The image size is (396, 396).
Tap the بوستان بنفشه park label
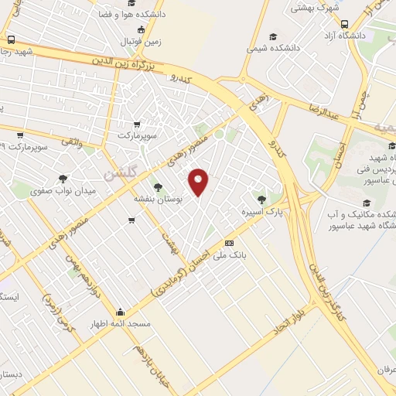162,199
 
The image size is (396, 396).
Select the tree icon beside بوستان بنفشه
159,187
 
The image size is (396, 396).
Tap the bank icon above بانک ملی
228,243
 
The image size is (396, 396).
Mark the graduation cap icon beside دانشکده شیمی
272,36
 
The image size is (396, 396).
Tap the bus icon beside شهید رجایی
11,39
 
